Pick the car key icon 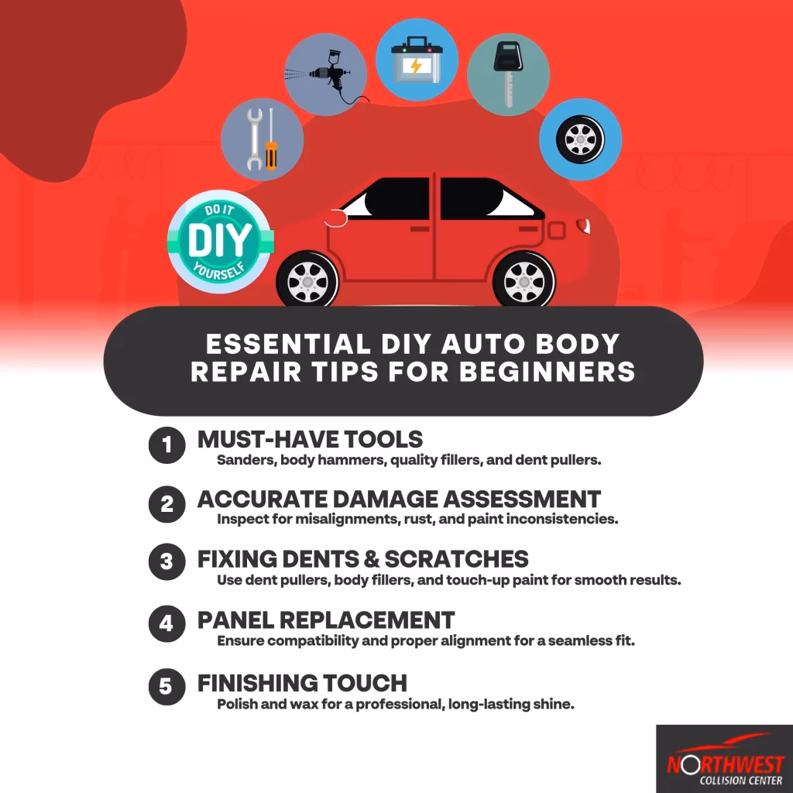(508, 75)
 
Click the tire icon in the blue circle (580, 139)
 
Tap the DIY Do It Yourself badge (220, 241)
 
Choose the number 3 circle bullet (166, 562)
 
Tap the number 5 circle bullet (166, 687)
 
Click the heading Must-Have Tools (310, 439)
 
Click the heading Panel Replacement (326, 620)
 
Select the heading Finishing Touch (302, 683)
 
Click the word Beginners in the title (548, 371)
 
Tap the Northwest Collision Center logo (724, 759)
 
